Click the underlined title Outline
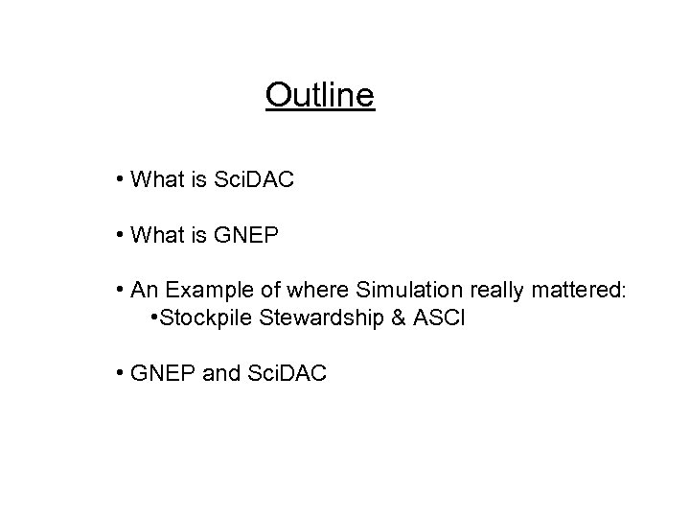tap(320, 96)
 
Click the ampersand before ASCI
tap(397, 318)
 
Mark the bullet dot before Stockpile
tap(154, 318)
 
